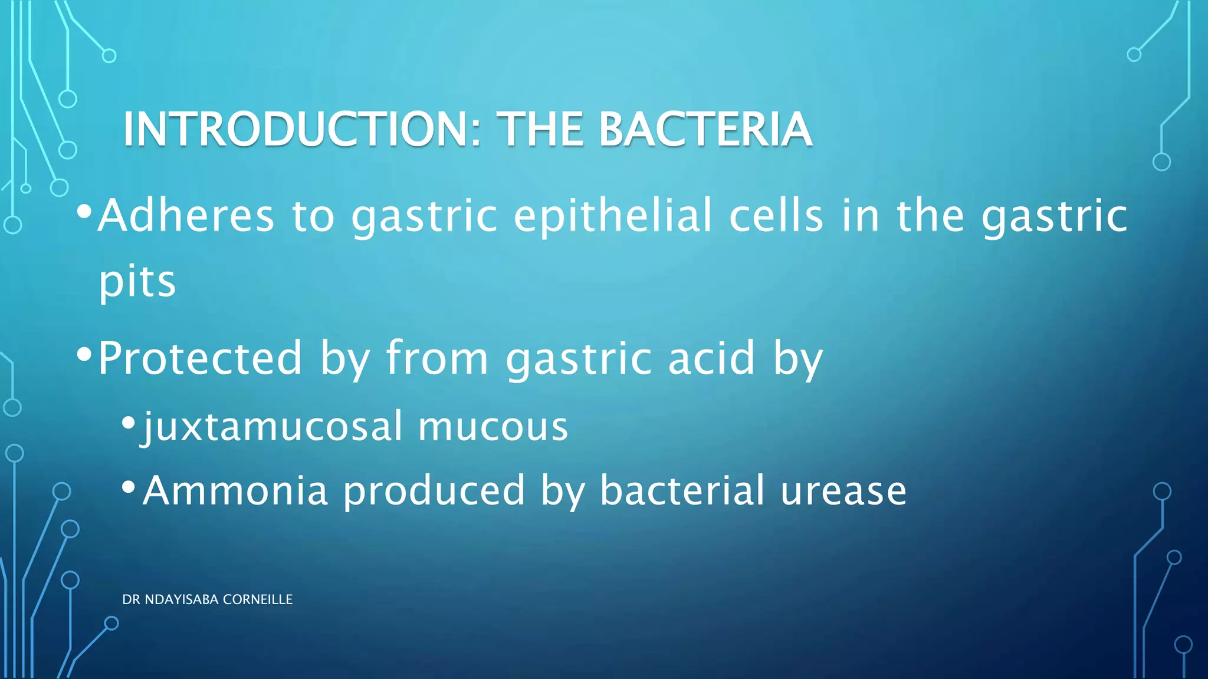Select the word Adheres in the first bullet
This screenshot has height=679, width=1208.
186,216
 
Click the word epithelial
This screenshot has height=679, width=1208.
613,216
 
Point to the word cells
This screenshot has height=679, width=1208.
776,216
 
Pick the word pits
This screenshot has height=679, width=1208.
137,282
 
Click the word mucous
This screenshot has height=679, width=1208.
493,426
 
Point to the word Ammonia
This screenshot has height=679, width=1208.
235,490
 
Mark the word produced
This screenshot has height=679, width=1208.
434,490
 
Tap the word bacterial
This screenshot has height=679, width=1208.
682,490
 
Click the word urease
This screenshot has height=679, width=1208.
843,490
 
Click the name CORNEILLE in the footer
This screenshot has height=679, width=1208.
258,599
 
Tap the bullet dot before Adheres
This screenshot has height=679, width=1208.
84,211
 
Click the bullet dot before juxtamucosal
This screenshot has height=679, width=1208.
129,422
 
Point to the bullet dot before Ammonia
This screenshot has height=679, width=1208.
129,487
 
